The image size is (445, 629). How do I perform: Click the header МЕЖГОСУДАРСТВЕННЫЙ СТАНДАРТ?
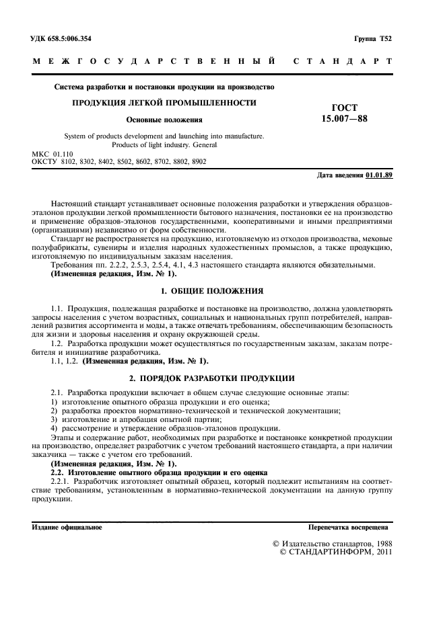click(x=212, y=62)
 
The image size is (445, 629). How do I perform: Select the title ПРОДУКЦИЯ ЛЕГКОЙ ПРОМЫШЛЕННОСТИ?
click(x=164, y=103)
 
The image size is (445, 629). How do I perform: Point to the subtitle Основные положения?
click(x=164, y=120)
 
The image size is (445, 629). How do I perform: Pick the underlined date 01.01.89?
click(x=379, y=175)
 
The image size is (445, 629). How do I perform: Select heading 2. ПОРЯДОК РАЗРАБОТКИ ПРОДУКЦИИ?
click(x=212, y=378)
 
